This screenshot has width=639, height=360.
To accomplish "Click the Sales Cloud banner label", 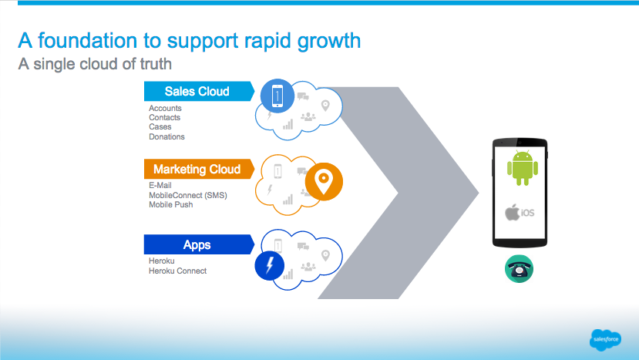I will [197, 92].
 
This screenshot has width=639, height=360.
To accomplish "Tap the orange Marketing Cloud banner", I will [197, 170].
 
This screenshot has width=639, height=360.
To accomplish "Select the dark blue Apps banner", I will [197, 245].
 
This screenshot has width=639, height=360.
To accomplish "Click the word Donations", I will [166, 136].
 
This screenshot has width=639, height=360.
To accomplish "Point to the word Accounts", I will [165, 108].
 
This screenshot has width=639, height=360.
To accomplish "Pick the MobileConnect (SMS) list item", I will [187, 195].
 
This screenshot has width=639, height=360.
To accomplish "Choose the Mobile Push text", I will [170, 204].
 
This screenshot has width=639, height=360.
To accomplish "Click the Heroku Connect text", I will [177, 271].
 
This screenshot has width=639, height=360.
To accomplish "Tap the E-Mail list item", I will [160, 185].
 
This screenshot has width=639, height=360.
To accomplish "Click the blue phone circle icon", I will [277, 96].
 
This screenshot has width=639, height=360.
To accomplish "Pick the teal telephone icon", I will [520, 267].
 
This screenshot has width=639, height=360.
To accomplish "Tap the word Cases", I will [160, 127].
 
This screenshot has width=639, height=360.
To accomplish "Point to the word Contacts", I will [164, 118].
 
